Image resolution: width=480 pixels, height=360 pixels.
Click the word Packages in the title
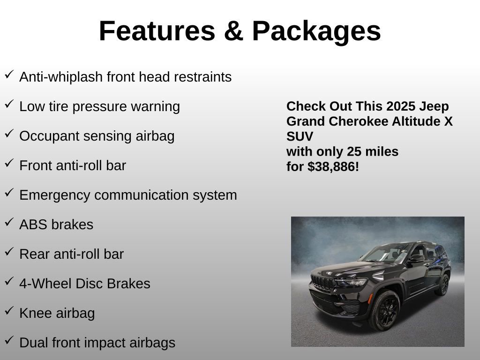click(316, 31)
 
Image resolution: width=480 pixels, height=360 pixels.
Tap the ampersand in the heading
click(233, 31)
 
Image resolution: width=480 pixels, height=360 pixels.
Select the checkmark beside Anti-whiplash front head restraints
click(9, 74)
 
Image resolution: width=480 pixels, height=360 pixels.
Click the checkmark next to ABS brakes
click(9, 222)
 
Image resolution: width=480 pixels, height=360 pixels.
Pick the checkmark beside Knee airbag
click(9, 310)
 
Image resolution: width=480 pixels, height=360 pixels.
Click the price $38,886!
click(333, 166)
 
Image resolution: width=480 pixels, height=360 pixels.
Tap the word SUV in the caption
click(300, 136)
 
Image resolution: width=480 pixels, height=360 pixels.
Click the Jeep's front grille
click(322, 283)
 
